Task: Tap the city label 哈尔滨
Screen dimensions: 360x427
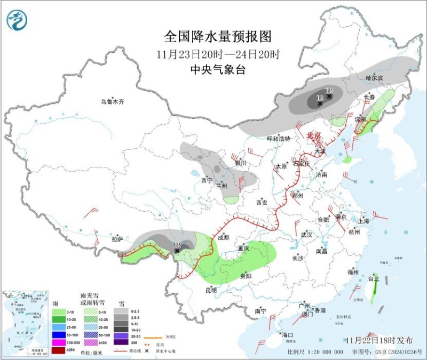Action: pos(375,78)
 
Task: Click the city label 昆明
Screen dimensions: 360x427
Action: pos(211,291)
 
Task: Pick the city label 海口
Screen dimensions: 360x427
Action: pos(288,335)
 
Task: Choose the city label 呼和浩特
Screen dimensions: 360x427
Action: pos(278,139)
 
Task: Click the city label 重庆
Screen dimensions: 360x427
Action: pos(244,249)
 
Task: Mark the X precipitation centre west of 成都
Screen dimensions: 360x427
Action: pos(177,250)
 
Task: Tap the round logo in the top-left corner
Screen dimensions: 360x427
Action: pos(17,20)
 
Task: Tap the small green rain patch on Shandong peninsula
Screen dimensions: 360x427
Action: pos(347,159)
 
